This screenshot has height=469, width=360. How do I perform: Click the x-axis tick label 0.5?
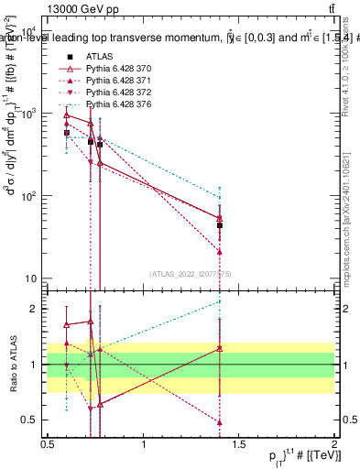48,443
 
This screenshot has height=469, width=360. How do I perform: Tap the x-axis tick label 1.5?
239,443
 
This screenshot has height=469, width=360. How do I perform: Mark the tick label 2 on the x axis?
334,443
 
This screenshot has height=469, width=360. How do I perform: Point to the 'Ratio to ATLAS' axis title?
10,364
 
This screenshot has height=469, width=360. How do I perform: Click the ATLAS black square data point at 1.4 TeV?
220,224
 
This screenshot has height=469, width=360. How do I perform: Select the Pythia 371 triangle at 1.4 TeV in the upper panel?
220,251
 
